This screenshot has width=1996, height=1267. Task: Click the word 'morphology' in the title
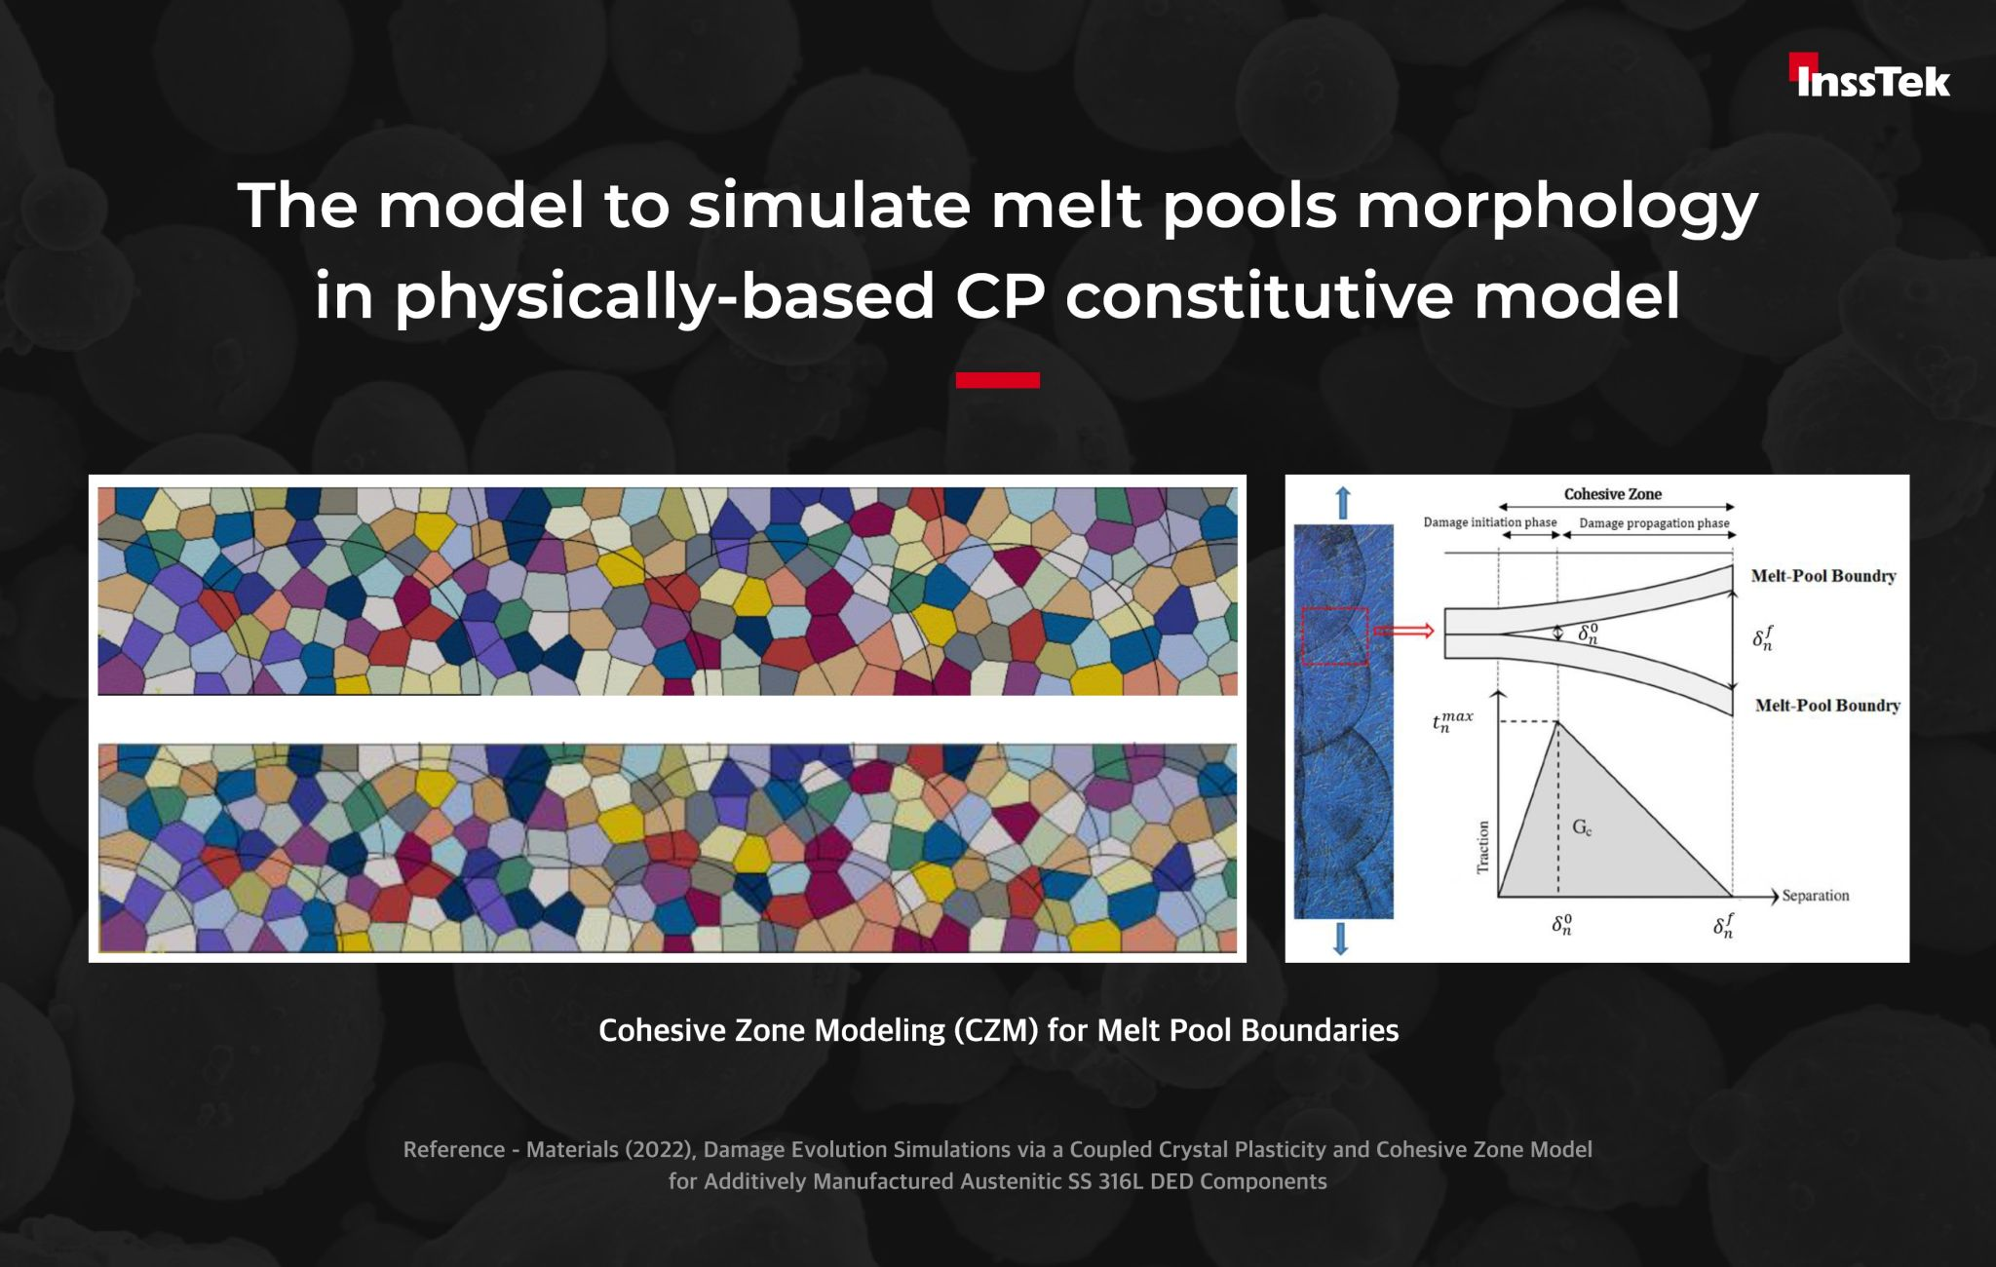1556,209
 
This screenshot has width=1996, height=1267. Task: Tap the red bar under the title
997,380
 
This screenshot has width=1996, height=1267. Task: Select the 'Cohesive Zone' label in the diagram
1613,494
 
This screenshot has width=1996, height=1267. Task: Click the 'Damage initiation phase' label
1490,522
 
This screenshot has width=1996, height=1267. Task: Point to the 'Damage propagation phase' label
1654,523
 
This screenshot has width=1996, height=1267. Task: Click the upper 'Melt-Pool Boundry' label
1823,576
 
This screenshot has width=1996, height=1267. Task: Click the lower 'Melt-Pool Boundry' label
1827,706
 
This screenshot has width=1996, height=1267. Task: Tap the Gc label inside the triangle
1582,828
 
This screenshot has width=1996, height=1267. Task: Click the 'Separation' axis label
1815,896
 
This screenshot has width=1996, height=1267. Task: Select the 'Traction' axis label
1483,847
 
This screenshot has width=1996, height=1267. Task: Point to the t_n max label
1452,721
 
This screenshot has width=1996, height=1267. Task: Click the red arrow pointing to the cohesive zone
1403,631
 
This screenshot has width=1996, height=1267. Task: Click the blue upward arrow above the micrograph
1343,503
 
